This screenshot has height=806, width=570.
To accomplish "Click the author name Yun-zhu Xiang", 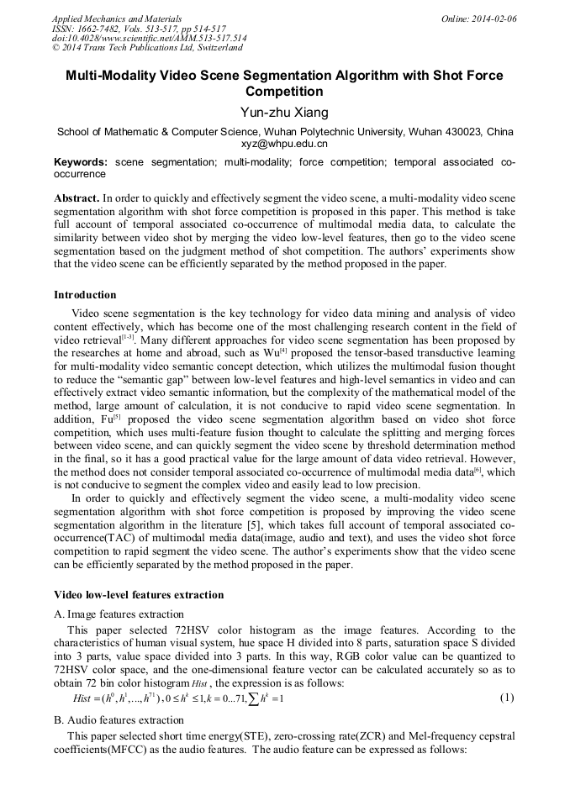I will pos(284,113).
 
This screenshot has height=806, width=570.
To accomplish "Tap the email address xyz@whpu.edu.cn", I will pos(284,144).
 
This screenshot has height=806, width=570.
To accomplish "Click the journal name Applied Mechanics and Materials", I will pos(117,18).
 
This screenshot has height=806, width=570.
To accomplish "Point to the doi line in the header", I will pos(150,38).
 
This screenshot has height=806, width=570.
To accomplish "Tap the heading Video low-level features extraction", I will pos(139,595).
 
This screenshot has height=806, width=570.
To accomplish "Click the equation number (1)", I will pos(507,698).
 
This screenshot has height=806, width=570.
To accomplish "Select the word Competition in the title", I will pos(284,92).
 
